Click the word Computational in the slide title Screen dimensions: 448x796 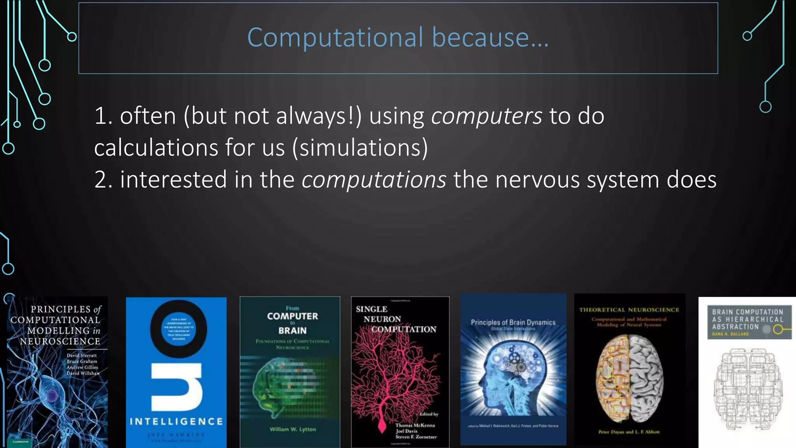coord(335,38)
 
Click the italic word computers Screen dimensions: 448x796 coord(486,116)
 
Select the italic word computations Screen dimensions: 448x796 coord(374,180)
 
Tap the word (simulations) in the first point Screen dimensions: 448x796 coord(360,148)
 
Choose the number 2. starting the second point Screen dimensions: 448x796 coord(103,180)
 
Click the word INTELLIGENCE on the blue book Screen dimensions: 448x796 coord(176,422)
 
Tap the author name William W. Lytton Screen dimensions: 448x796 coord(293,429)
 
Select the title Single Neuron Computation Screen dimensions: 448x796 coord(396,319)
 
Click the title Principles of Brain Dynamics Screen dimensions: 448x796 coord(513,322)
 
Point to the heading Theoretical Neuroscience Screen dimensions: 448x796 coord(629,310)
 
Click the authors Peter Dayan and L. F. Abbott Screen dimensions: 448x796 coord(629,432)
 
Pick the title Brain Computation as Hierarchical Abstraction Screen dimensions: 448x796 coord(747,319)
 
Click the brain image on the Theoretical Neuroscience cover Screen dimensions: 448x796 coord(630,379)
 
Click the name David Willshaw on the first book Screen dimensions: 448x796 coord(83,373)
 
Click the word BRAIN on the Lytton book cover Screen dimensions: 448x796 coord(292,331)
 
